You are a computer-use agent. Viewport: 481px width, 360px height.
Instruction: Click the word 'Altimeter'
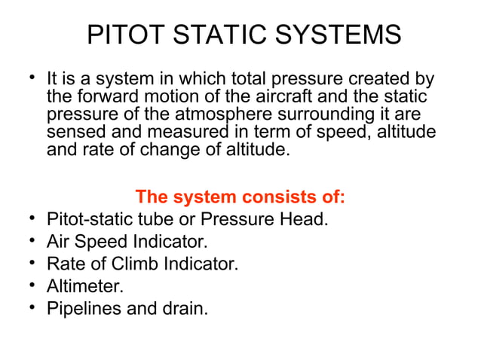pyautogui.click(x=83, y=286)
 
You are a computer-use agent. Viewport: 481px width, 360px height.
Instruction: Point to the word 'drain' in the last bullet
pyautogui.click(x=185, y=308)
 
